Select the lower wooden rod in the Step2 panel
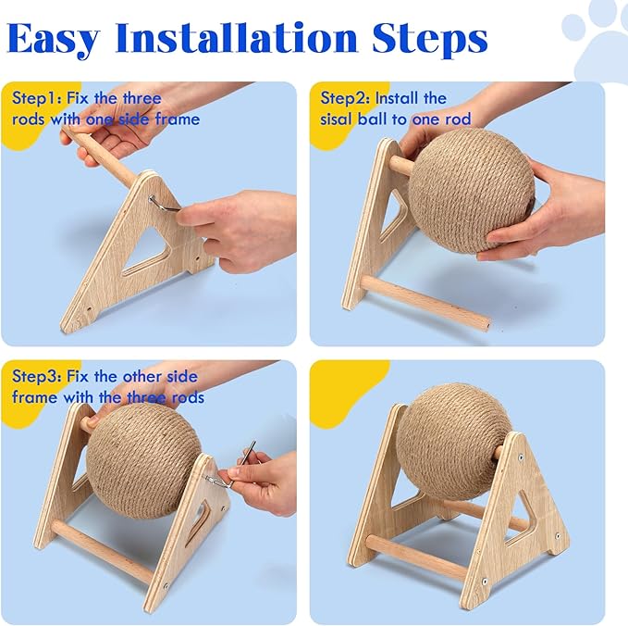click(x=425, y=302)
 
